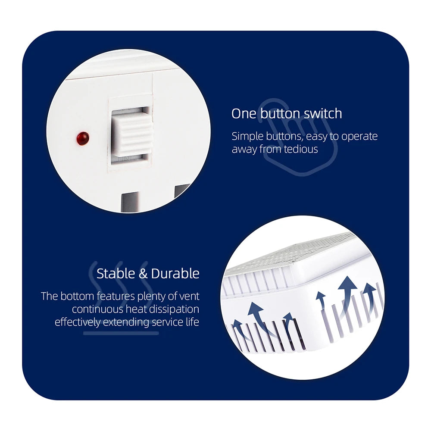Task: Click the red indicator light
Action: pyautogui.click(x=83, y=138)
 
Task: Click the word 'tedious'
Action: pyautogui.click(x=301, y=149)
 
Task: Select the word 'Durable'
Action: pyautogui.click(x=175, y=274)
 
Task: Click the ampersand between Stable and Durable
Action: pyautogui.click(x=143, y=274)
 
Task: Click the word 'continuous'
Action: pyautogui.click(x=97, y=309)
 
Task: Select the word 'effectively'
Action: pyautogui.click(x=78, y=322)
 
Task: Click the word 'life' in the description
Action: pyautogui.click(x=192, y=322)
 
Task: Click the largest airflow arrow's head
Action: pyautogui.click(x=347, y=283)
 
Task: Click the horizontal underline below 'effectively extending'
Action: pyautogui.click(x=121, y=334)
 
